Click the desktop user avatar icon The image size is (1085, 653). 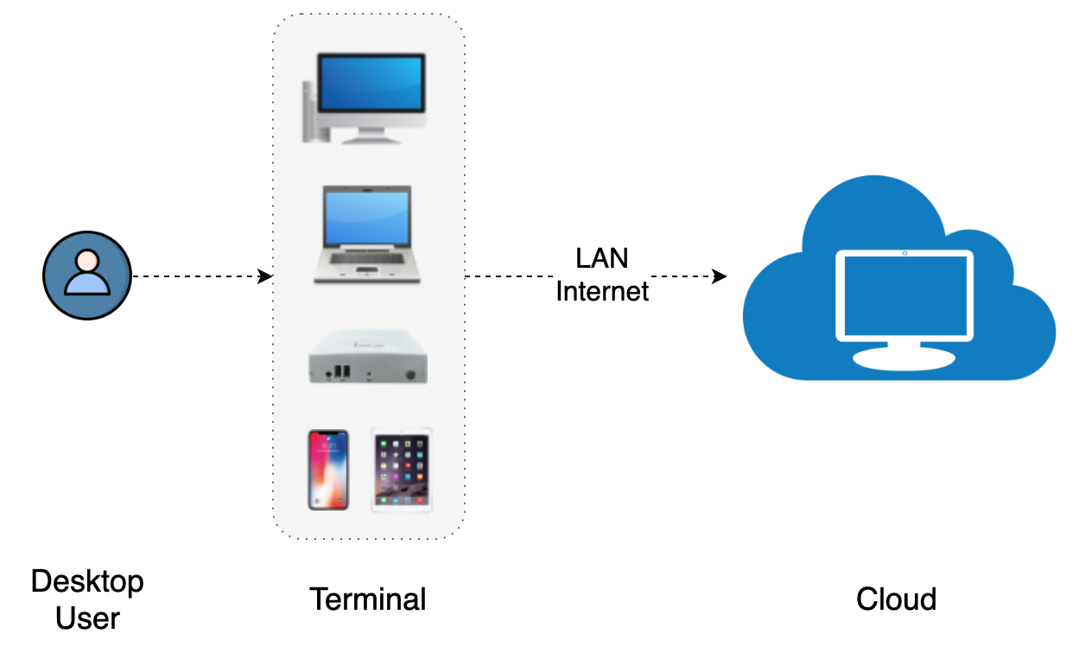click(x=87, y=276)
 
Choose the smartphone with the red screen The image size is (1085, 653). click(x=329, y=470)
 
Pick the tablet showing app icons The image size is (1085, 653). click(x=402, y=470)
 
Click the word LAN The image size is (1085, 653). click(x=602, y=258)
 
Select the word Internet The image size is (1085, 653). click(x=602, y=292)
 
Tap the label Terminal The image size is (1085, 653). click(x=368, y=599)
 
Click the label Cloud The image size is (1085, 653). click(x=897, y=599)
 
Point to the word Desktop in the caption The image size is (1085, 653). click(x=87, y=581)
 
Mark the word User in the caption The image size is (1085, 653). click(x=87, y=618)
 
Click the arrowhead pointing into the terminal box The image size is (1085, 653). click(x=267, y=276)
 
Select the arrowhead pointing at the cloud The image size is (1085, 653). click(x=719, y=276)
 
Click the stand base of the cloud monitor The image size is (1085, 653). click(x=904, y=358)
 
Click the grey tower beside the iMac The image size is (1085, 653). click(x=311, y=112)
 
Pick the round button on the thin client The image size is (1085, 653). click(x=412, y=374)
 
